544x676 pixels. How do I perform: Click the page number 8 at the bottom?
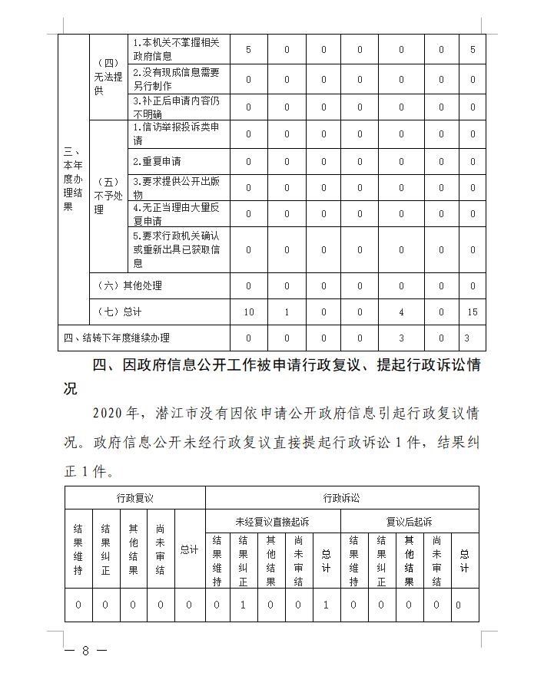click(85, 651)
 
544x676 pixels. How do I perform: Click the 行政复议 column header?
click(135, 498)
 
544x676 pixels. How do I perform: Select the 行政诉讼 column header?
click(342, 498)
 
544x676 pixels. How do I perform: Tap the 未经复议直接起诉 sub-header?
click(272, 522)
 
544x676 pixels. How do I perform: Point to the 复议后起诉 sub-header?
click(409, 522)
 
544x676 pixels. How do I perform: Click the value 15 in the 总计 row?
click(473, 312)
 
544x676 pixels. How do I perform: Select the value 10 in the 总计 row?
click(248, 312)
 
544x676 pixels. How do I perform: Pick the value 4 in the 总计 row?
click(401, 312)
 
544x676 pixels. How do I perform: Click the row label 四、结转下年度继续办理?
click(116, 338)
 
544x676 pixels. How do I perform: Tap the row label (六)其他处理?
click(131, 285)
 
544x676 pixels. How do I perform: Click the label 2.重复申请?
click(157, 162)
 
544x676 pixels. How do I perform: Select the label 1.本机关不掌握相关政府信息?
click(176, 49)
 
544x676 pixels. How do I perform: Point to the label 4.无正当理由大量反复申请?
click(176, 214)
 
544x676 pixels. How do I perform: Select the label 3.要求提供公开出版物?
click(176, 188)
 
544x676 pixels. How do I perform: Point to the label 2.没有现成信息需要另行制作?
click(176, 79)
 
